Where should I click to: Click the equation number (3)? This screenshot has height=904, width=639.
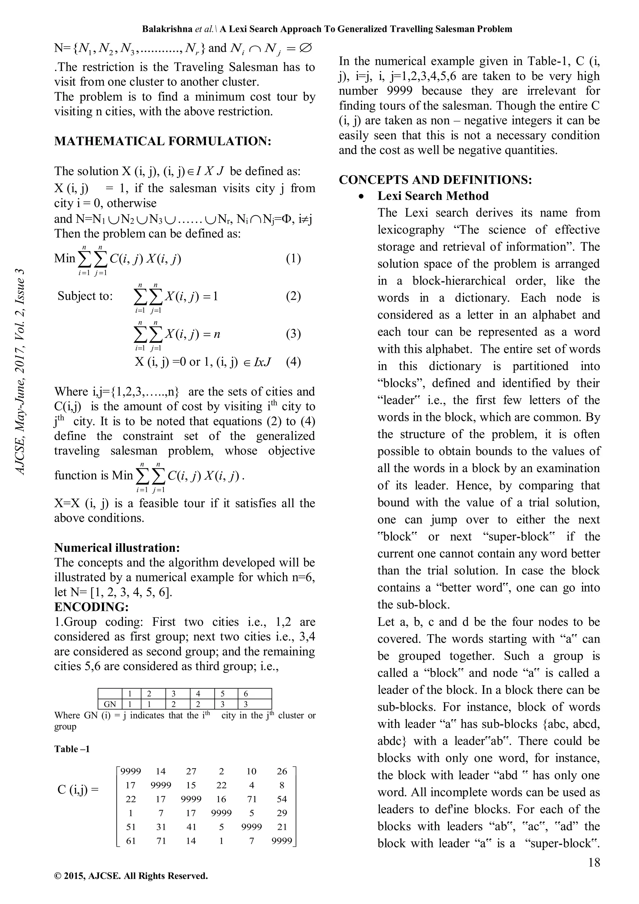[x=293, y=334]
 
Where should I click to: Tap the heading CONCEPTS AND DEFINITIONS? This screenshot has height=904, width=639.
[x=435, y=180]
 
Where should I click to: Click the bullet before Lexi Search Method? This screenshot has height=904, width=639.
[x=362, y=196]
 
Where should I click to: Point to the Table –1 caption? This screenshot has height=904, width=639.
[x=72, y=749]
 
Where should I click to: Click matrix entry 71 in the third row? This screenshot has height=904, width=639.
[x=251, y=799]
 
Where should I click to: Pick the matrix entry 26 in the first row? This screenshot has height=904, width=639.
[x=282, y=771]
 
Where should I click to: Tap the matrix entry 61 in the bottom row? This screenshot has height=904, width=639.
[x=131, y=841]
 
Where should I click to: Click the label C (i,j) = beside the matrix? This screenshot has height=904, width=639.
[x=78, y=790]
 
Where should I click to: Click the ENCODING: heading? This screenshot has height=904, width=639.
[x=91, y=607]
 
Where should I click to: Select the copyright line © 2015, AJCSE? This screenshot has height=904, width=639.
[x=131, y=876]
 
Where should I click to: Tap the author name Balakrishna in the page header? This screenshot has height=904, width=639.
[x=167, y=29]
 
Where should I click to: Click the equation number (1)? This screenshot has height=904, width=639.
[x=293, y=258]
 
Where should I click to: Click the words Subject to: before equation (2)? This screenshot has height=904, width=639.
[x=85, y=296]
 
